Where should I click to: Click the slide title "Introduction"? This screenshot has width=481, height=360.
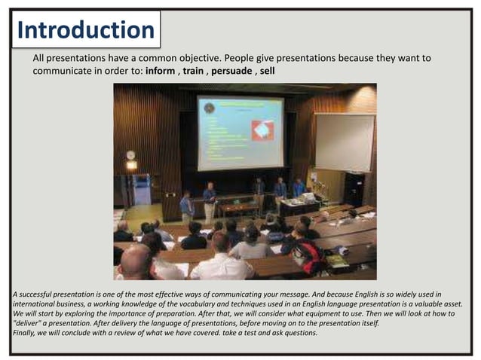click(x=85, y=30)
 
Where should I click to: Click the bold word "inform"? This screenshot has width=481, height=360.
click(x=160, y=71)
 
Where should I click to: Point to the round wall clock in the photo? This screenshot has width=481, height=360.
click(x=130, y=155)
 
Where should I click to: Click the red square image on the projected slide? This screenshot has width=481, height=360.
click(x=263, y=130)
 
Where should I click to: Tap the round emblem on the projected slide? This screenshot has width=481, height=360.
click(x=209, y=108)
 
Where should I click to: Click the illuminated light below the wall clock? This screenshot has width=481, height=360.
click(x=131, y=165)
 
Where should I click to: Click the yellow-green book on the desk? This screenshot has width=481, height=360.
click(x=336, y=261)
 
